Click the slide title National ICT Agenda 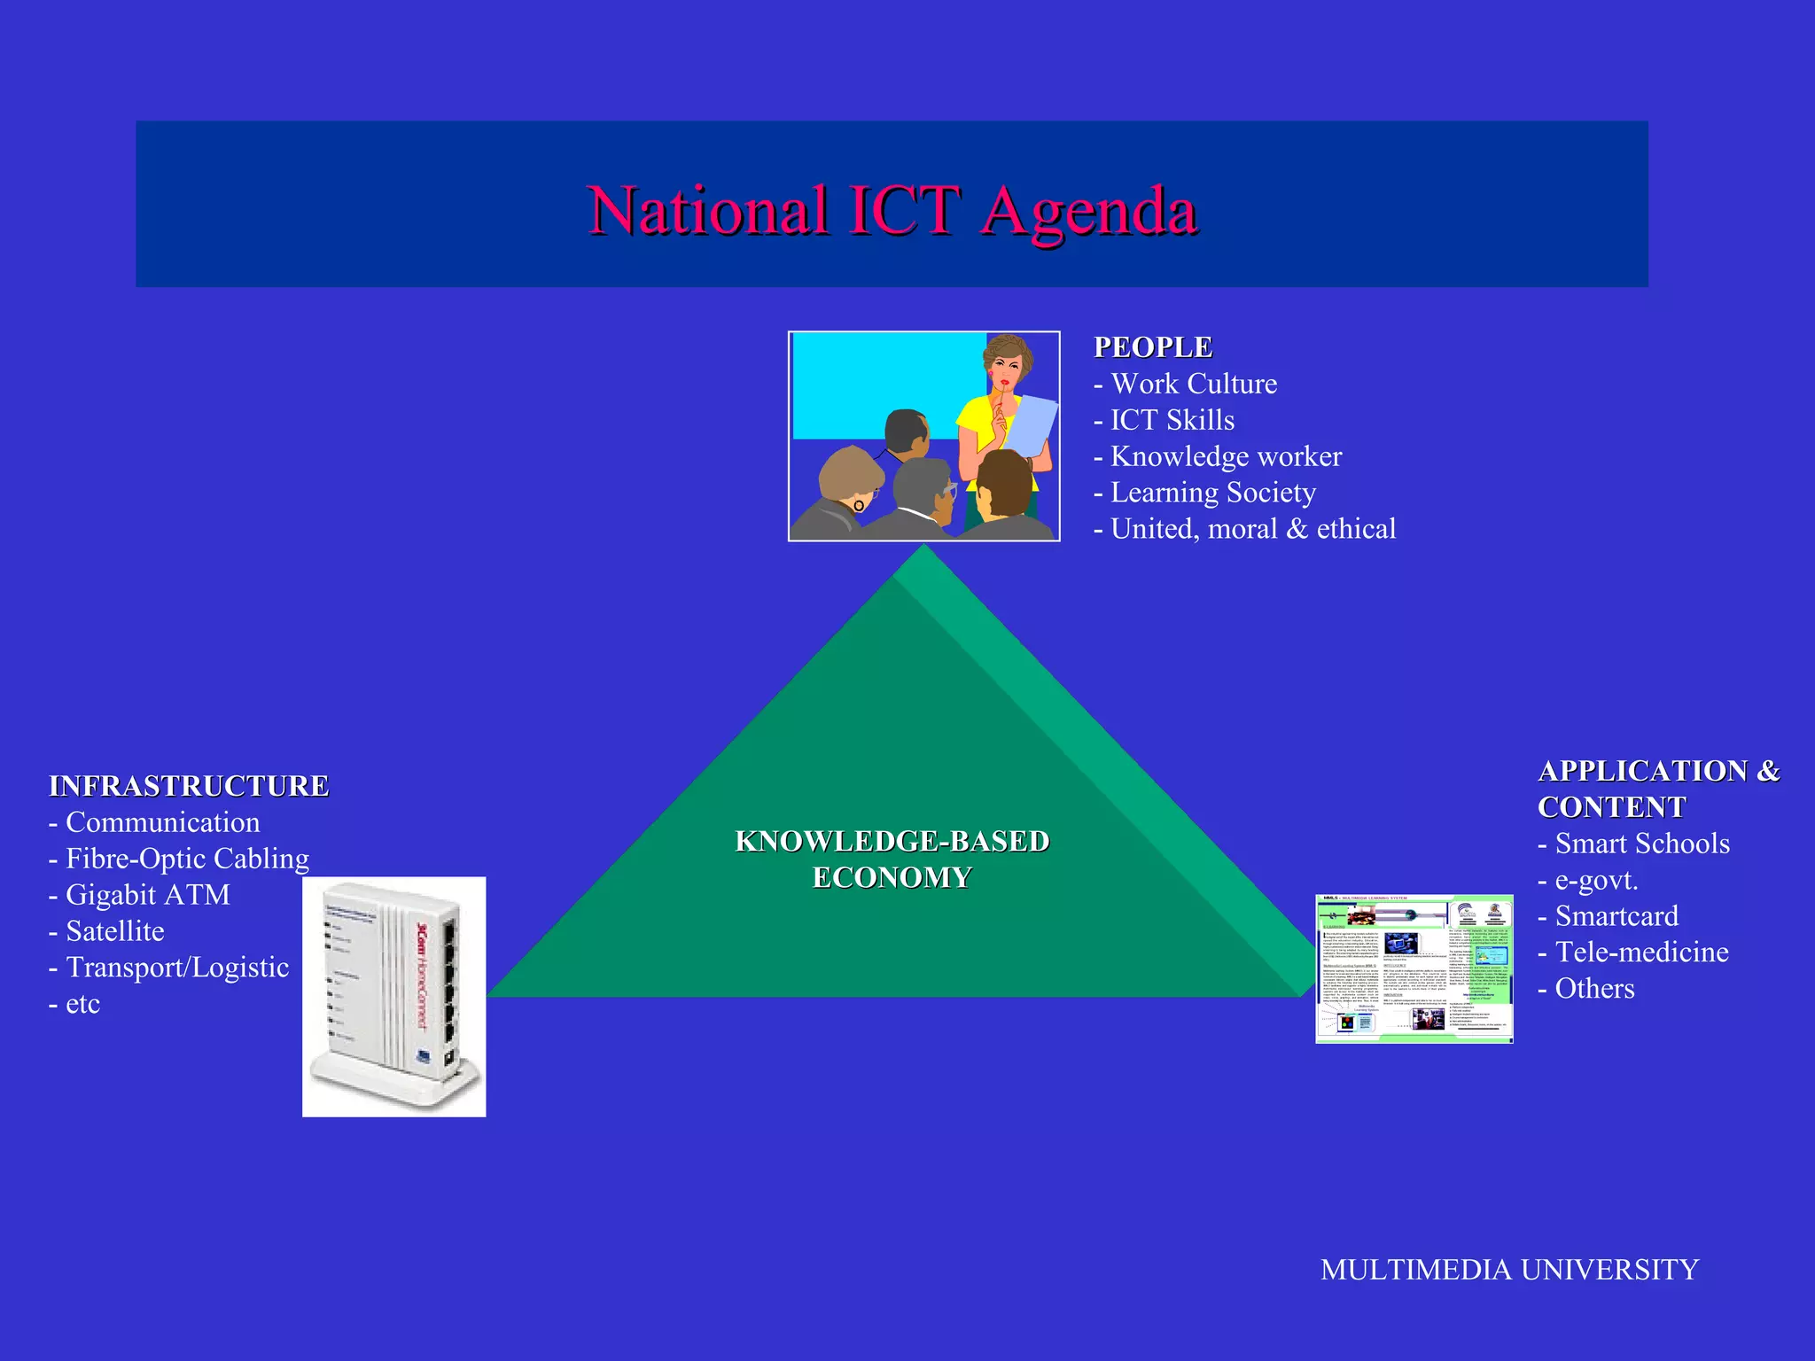pos(892,211)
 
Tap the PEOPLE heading pos(1152,347)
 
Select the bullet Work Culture pos(1193,384)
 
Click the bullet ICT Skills pos(1172,420)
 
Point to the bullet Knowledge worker pos(1225,456)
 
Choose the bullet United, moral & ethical pos(1252,529)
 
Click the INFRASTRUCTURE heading pos(189,786)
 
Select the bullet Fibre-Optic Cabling pos(187,859)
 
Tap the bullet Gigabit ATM pos(147,895)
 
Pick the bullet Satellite pos(114,931)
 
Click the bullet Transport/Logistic pos(177,968)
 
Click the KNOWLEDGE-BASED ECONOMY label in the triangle pos(892,859)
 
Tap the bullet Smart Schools pos(1641,844)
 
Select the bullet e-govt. pos(1595,880)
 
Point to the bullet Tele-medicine pos(1641,953)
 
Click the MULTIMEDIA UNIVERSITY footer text pos(1509,1270)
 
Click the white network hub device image pos(393,997)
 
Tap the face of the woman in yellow pos(1007,365)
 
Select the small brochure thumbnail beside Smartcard pos(1414,968)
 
